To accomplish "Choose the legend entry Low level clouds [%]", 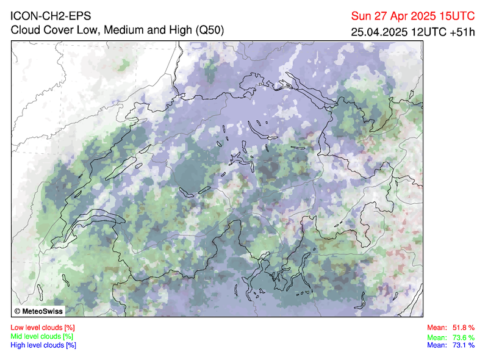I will point(43,328).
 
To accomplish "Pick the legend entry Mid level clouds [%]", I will point(42,336).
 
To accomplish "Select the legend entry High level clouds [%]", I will point(43,345).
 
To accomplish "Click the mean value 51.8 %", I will point(464,328).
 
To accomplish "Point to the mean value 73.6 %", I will point(464,337).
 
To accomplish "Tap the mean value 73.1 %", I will point(464,345).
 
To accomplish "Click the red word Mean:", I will point(437,328).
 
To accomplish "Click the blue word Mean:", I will point(437,345).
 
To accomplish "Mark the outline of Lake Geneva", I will point(91,219).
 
